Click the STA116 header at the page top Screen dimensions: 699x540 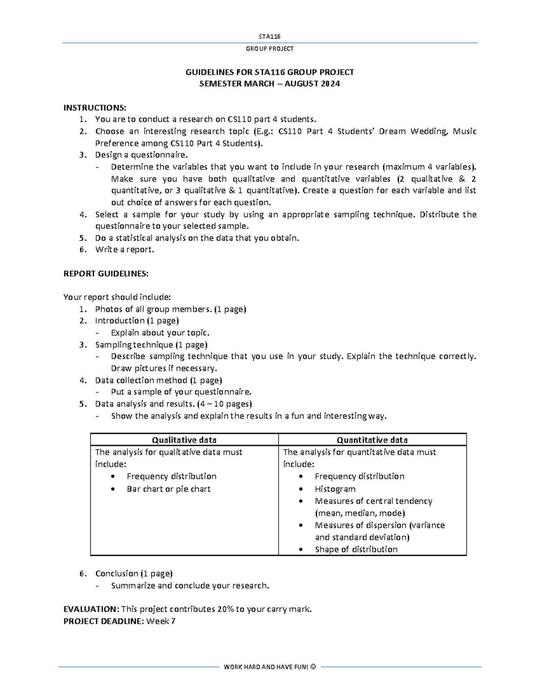270,36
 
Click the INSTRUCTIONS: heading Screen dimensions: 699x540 95,108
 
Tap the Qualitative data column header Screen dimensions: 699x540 184,440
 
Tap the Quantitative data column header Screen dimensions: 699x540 372,440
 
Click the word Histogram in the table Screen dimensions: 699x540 335,489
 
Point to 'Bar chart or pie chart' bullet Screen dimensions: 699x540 168,489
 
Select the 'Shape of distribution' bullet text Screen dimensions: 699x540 356,549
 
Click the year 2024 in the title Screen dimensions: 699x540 330,84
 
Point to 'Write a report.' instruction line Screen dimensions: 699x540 125,249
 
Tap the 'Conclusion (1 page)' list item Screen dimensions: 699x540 134,573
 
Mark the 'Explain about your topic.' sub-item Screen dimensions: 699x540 160,333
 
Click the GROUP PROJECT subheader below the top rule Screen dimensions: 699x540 270,49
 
